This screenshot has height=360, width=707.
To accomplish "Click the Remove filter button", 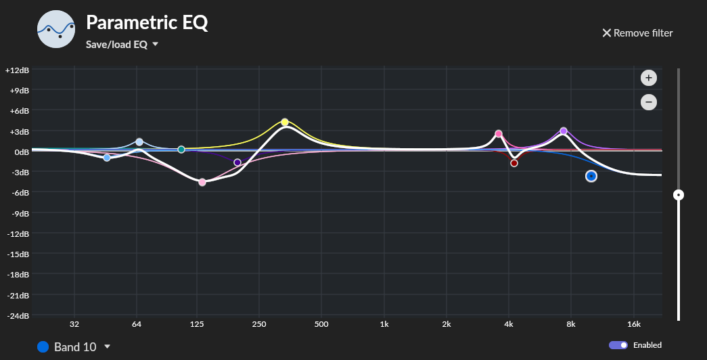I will pyautogui.click(x=637, y=32).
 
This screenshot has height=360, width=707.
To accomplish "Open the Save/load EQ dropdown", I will pyautogui.click(x=122, y=44).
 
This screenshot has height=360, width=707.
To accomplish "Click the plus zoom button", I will pyautogui.click(x=648, y=78).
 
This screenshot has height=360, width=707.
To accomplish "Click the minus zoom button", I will pyautogui.click(x=648, y=102).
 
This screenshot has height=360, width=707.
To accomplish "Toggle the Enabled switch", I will pyautogui.click(x=618, y=345).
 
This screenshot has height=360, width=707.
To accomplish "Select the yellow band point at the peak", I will pyautogui.click(x=285, y=122).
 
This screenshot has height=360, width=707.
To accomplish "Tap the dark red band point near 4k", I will pyautogui.click(x=514, y=163).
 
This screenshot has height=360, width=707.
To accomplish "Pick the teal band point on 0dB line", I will pyautogui.click(x=181, y=149).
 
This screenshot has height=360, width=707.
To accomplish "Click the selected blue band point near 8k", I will pyautogui.click(x=591, y=176).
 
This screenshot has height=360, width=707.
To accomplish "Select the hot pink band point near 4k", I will pyautogui.click(x=499, y=134).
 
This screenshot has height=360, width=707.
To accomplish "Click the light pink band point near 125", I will pyautogui.click(x=202, y=182).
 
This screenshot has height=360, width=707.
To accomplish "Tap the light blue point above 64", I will pyautogui.click(x=139, y=142).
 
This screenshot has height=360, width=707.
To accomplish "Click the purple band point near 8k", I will pyautogui.click(x=564, y=131).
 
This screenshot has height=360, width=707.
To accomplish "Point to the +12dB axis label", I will pyautogui.click(x=16, y=70).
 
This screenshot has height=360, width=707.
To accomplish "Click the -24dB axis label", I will pyautogui.click(x=16, y=316).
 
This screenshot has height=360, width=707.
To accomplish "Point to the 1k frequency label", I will pyautogui.click(x=384, y=324).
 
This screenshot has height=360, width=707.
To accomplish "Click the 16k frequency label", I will pyautogui.click(x=633, y=324).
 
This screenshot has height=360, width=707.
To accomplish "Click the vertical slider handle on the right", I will pyautogui.click(x=679, y=195).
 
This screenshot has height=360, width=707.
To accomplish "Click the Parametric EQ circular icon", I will pyautogui.click(x=56, y=28).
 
